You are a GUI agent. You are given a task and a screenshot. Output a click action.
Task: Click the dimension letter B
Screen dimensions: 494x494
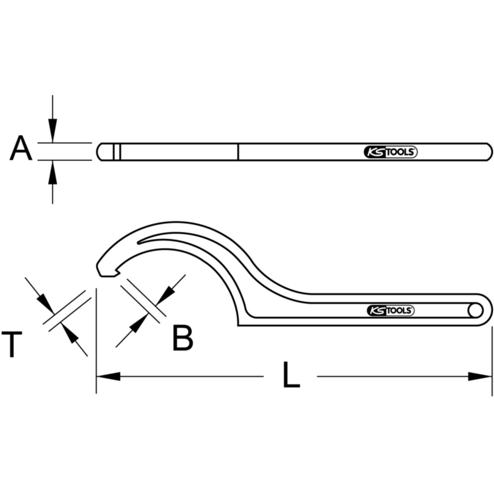coord(183,338)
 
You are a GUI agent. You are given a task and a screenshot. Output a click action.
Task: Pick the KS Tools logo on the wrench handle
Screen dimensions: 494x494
coord(391,311)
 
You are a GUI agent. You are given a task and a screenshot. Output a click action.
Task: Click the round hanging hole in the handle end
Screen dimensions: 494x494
coord(475,311)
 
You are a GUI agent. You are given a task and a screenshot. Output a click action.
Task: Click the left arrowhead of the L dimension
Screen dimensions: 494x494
coord(108,376)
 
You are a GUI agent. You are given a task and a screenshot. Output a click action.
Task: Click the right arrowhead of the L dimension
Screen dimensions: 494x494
coord(480,376)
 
